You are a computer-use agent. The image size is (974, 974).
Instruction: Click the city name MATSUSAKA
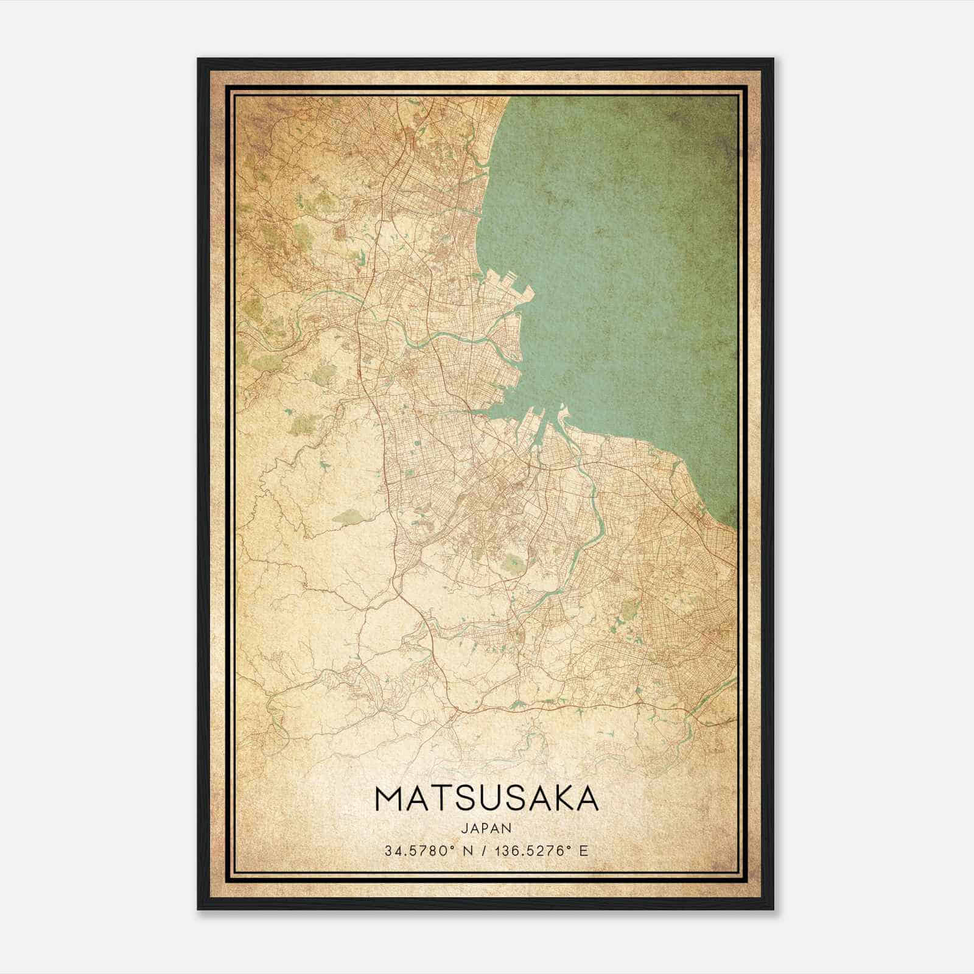click(x=486, y=799)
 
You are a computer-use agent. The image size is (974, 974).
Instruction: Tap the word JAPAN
click(x=486, y=828)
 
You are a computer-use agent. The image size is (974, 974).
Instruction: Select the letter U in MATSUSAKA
click(x=495, y=799)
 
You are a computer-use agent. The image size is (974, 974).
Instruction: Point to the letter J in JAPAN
click(x=464, y=828)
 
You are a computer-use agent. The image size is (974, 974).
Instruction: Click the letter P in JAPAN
click(x=486, y=828)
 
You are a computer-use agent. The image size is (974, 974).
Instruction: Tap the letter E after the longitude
click(x=584, y=850)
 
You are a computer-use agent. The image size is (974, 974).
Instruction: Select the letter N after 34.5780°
click(x=468, y=850)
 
